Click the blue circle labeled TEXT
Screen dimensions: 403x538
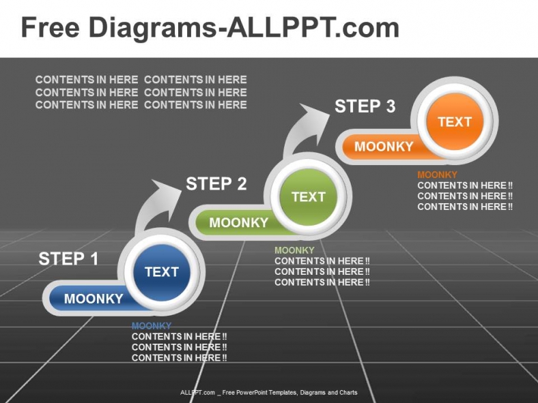pos(161,271)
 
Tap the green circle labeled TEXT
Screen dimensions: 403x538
pos(308,196)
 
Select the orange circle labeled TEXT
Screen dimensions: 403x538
pos(454,122)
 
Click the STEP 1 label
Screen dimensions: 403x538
pos(68,259)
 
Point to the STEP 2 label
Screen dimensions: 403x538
pos(216,183)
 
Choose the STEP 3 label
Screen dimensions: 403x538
pos(365,106)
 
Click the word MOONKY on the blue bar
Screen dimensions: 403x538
pos(94,299)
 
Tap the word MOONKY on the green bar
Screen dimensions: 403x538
pos(239,222)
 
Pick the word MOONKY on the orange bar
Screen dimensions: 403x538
pos(384,147)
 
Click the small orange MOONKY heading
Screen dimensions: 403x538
pos(437,175)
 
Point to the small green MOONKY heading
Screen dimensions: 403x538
pos(294,250)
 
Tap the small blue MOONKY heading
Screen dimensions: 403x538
pos(151,326)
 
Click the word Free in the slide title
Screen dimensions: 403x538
pos(51,28)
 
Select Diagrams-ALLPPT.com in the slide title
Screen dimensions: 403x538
pos(244,28)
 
